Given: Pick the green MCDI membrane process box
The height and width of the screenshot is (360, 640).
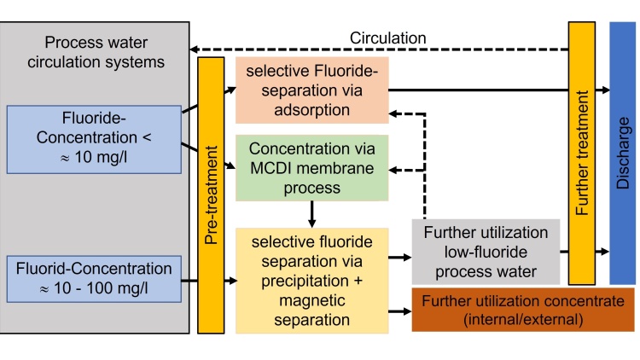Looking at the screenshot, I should coord(311,168).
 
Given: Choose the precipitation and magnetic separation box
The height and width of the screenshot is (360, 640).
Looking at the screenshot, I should coord(311,277).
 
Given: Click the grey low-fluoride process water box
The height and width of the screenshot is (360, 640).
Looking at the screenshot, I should coord(486,252).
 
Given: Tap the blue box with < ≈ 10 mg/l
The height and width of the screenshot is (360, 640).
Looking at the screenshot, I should coord(94,136).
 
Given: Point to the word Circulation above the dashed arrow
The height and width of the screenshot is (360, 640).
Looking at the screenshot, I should coord(388,38).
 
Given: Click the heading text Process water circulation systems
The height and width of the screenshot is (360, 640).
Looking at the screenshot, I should coord(94,52).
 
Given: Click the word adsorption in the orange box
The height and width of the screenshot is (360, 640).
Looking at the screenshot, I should coord(311,110).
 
